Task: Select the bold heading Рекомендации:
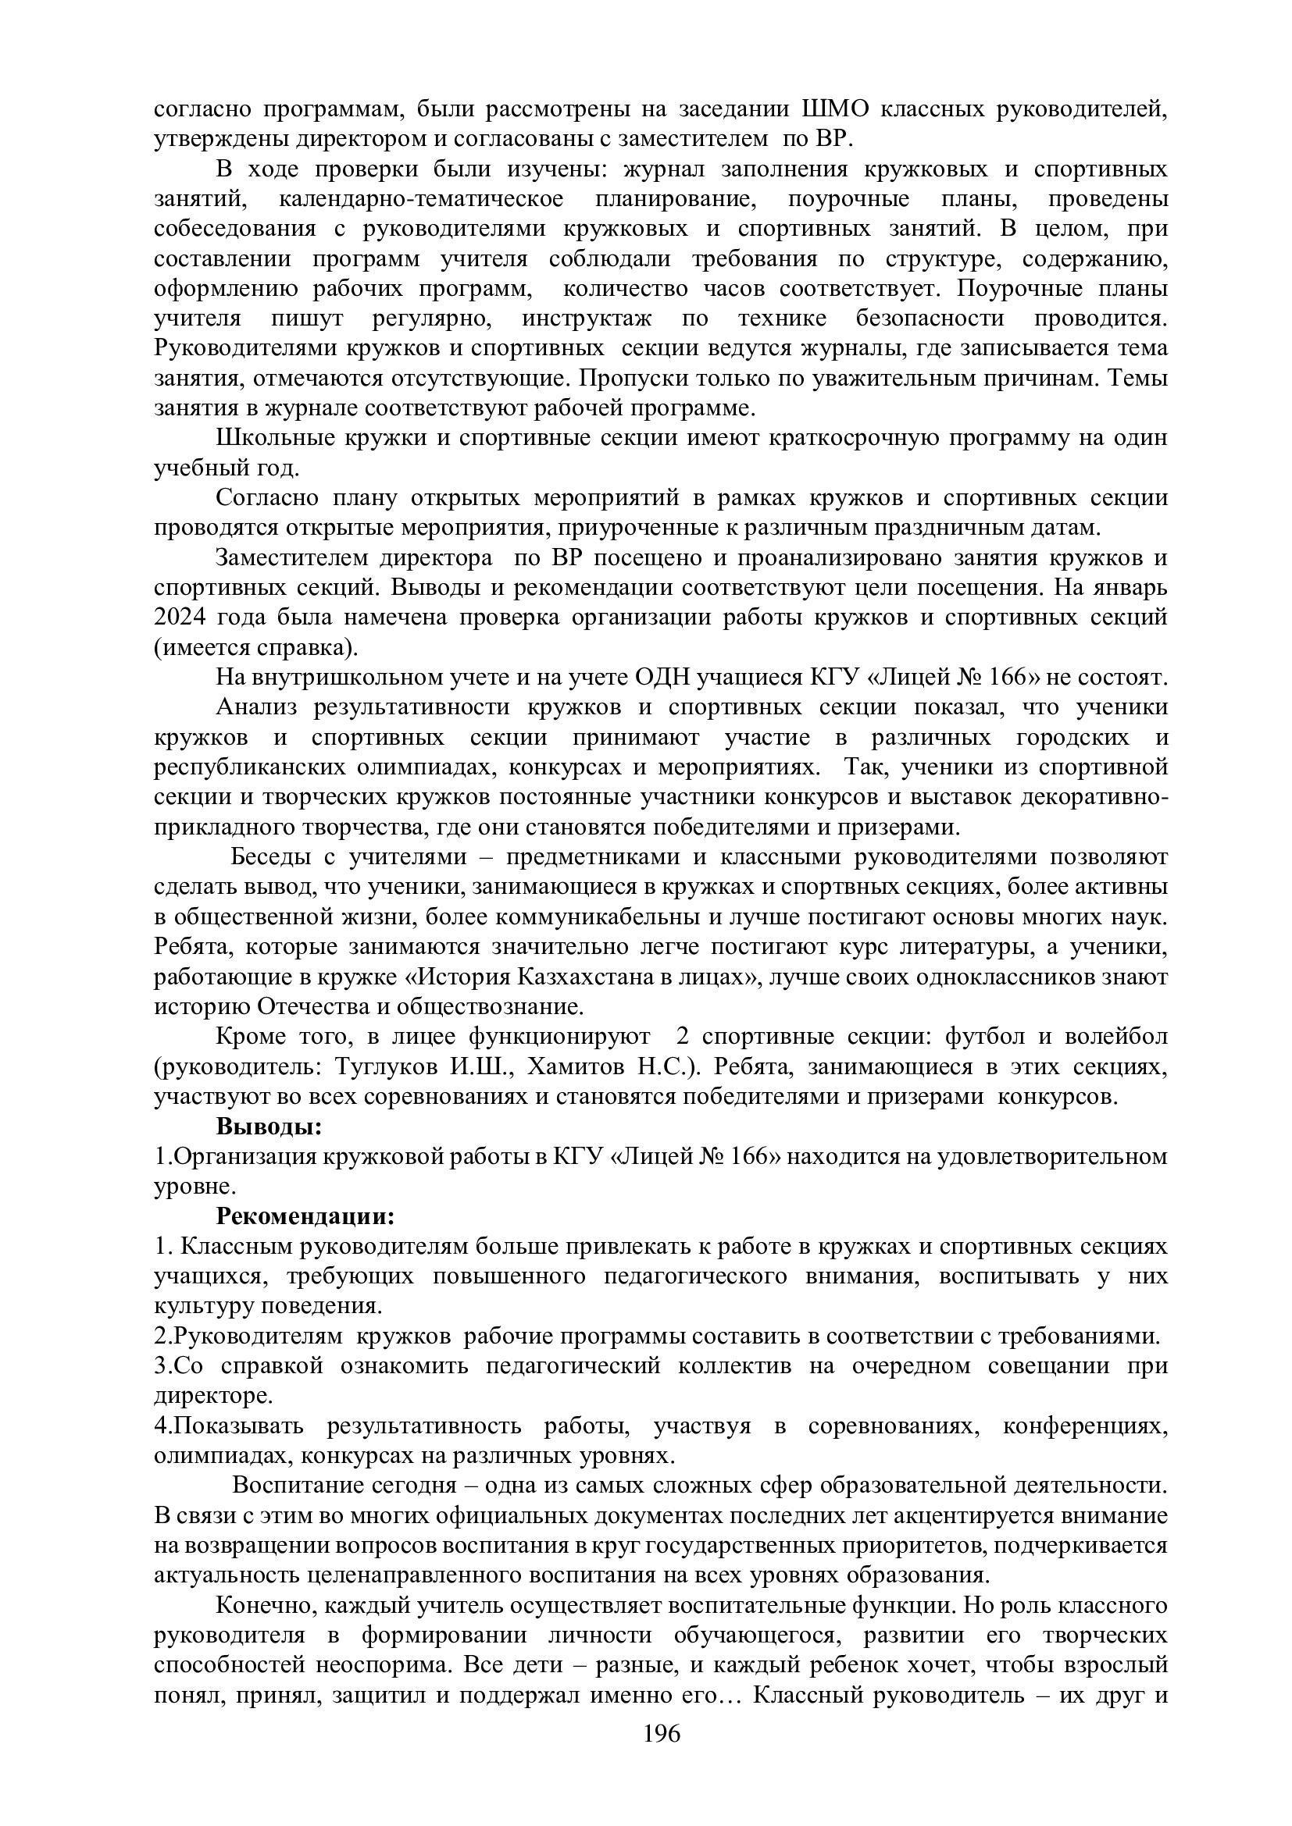305,1216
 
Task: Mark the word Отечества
310,1007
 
